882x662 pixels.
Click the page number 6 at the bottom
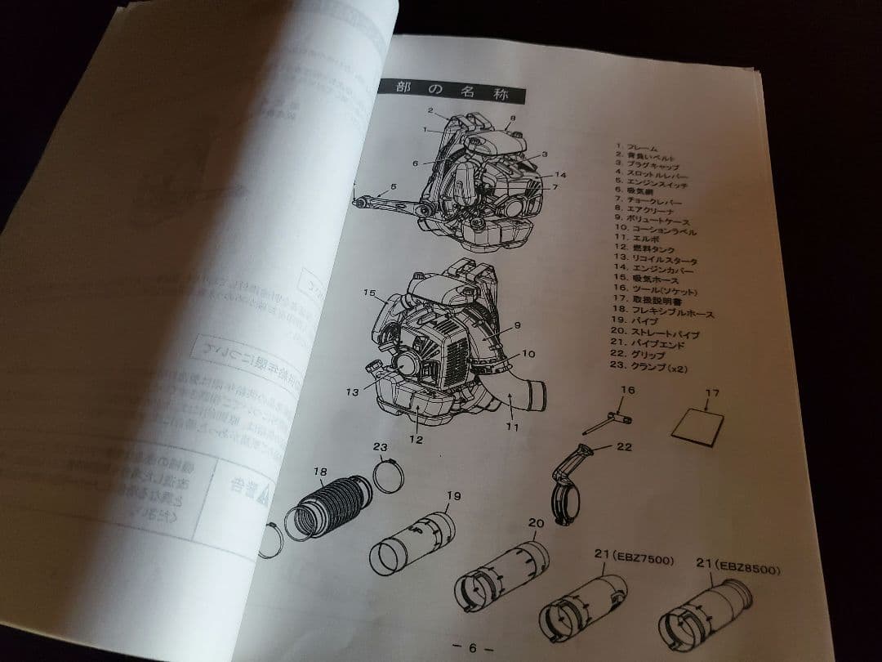[472, 646]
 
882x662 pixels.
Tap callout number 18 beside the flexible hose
[320, 472]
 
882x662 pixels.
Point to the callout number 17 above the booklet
[712, 393]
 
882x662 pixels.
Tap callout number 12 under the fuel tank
[416, 440]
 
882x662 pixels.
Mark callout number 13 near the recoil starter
[352, 391]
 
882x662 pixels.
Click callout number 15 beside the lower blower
[368, 292]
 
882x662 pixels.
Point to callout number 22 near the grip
[626, 447]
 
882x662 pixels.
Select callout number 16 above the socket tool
[626, 390]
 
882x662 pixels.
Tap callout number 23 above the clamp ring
[380, 447]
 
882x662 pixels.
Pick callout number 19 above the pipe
[454, 495]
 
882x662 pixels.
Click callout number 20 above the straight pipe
[536, 523]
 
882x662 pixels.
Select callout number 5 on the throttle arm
[394, 187]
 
